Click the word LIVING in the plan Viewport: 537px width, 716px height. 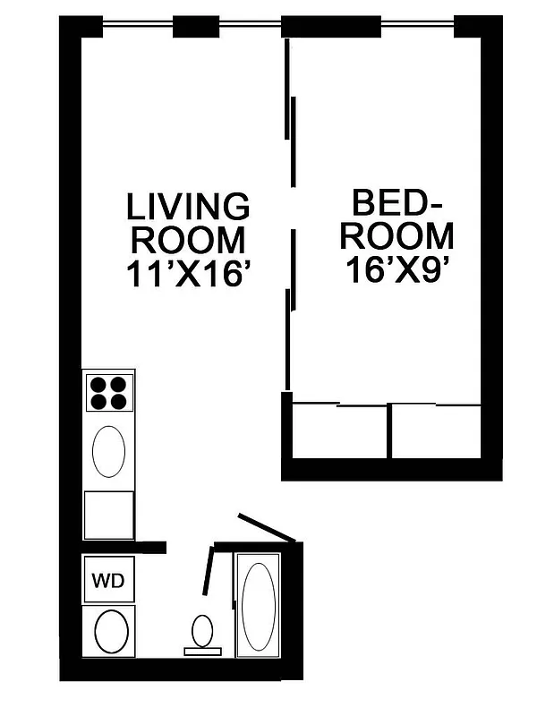[187, 207]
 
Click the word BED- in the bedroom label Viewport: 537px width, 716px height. [398, 202]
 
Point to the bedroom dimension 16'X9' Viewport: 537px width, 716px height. [396, 268]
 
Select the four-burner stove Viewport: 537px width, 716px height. [108, 391]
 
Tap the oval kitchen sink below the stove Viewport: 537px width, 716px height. [108, 452]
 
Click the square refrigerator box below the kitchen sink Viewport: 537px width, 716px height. [108, 516]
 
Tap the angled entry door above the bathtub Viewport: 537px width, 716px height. [266, 528]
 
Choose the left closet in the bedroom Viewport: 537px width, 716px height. [340, 433]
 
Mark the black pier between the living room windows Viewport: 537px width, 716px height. [196, 27]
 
